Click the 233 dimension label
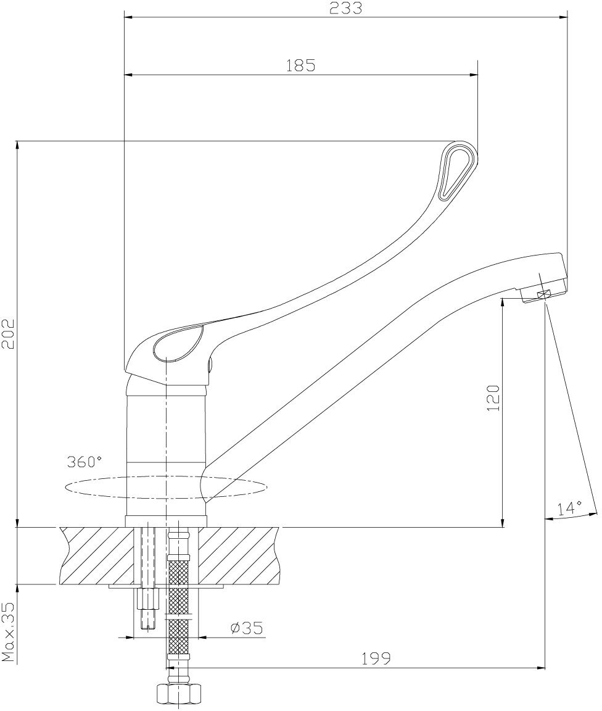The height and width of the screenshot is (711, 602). tap(346, 9)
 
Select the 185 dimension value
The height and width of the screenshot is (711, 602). tap(301, 65)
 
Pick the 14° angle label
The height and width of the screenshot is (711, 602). tap(569, 509)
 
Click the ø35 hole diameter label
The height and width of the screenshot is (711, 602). tap(246, 628)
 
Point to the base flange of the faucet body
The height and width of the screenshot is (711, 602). tap(167, 521)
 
